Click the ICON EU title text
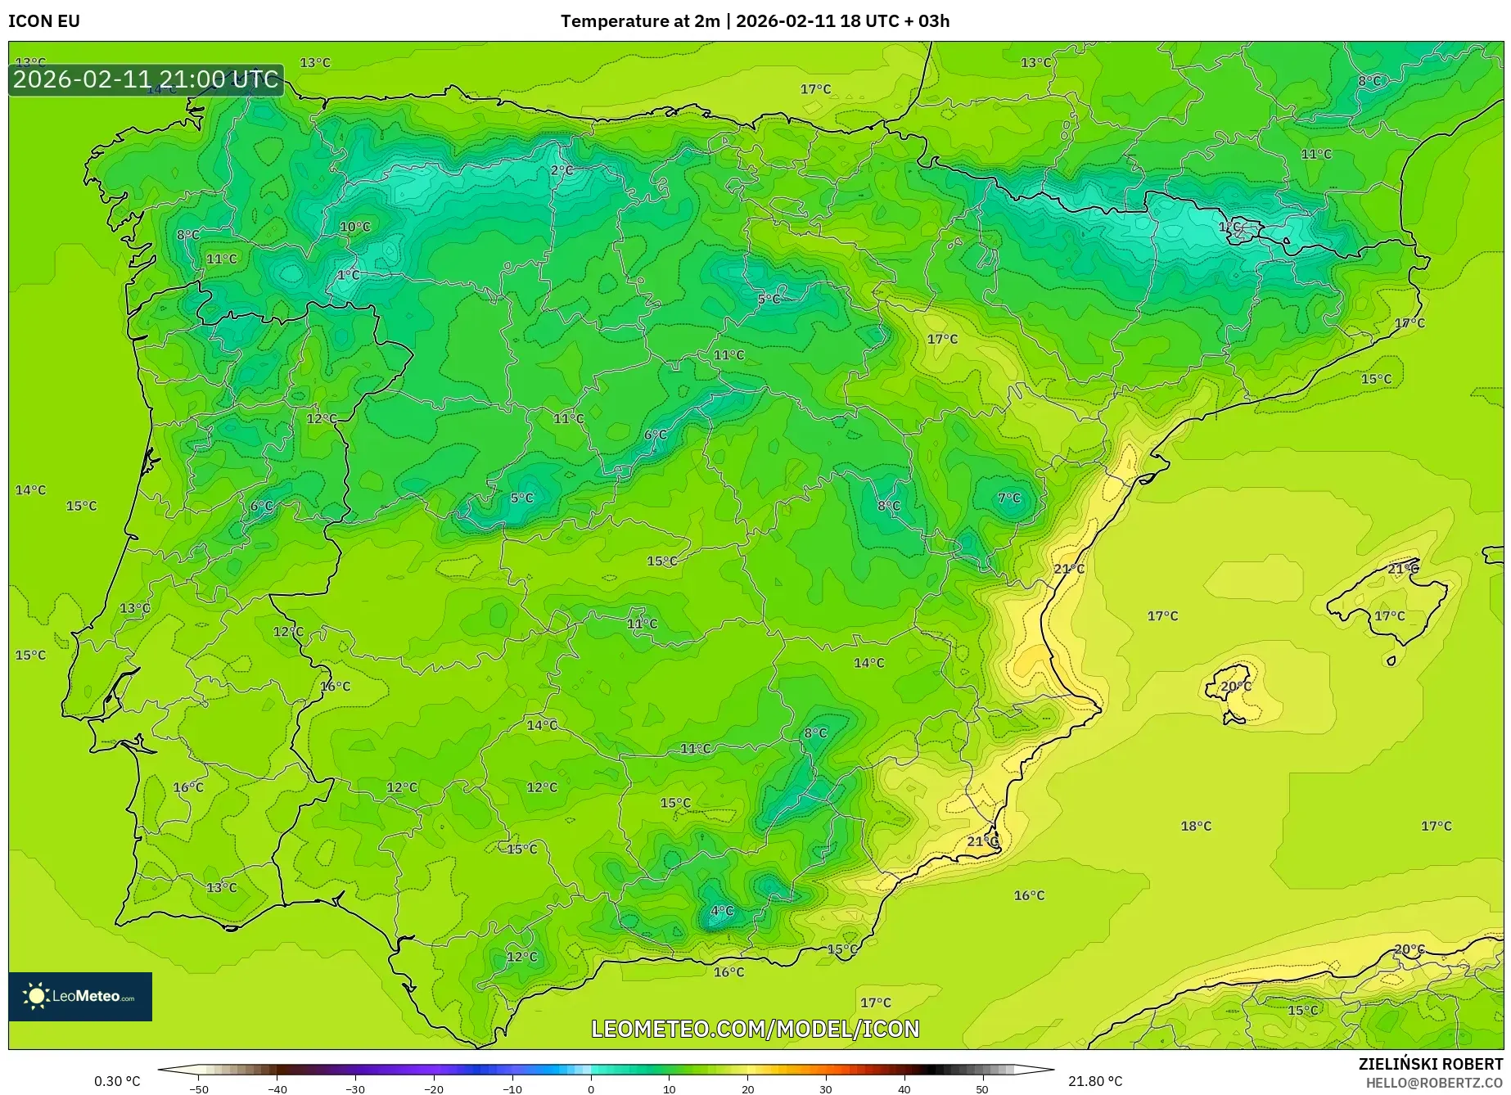pyautogui.click(x=44, y=21)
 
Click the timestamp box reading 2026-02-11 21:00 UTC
pyautogui.click(x=146, y=79)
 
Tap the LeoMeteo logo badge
pyautogui.click(x=80, y=996)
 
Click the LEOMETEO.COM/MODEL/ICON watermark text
pyautogui.click(x=755, y=1029)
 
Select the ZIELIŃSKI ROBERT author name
pyautogui.click(x=1430, y=1064)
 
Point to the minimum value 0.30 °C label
pyautogui.click(x=117, y=1081)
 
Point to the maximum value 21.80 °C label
pyautogui.click(x=1095, y=1081)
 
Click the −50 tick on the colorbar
pyautogui.click(x=198, y=1088)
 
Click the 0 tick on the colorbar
pyautogui.click(x=591, y=1088)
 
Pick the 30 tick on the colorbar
pyautogui.click(x=825, y=1088)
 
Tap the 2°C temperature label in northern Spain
pyautogui.click(x=562, y=170)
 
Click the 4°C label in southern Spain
pyautogui.click(x=722, y=911)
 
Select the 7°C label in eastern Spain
pyautogui.click(x=1009, y=498)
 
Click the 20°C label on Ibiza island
pyautogui.click(x=1236, y=686)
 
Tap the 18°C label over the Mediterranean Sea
pyautogui.click(x=1196, y=826)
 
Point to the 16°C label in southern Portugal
pyautogui.click(x=188, y=787)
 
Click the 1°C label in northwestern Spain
pyautogui.click(x=349, y=275)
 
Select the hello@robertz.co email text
pyautogui.click(x=1434, y=1082)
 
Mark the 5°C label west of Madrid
pyautogui.click(x=521, y=498)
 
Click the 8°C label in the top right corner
pyautogui.click(x=1369, y=81)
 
